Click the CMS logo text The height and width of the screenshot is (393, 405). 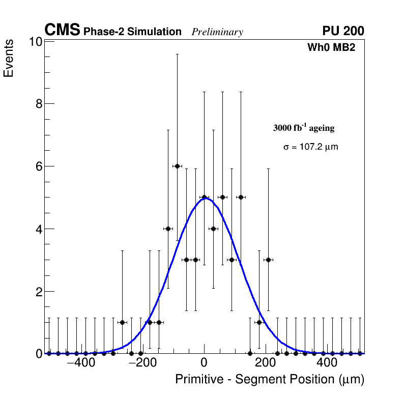tap(62, 31)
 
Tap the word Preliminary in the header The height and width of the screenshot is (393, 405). tap(217, 32)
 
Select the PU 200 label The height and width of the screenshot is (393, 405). tap(343, 31)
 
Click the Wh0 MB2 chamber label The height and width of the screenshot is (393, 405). tap(331, 47)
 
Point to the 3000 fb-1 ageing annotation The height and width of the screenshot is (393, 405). tap(304, 128)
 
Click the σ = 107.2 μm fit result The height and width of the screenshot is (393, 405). tap(310, 147)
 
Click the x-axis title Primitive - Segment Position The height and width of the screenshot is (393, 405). tap(270, 379)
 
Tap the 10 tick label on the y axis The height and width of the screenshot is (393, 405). tap(34, 42)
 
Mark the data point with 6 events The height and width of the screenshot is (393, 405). tap(177, 166)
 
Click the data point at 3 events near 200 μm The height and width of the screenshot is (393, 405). tap(268, 260)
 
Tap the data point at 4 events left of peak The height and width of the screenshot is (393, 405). tap(168, 229)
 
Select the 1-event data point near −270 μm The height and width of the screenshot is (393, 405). tap(122, 322)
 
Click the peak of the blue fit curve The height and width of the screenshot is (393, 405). tap(205, 199)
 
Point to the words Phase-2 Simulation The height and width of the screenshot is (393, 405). tap(132, 32)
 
